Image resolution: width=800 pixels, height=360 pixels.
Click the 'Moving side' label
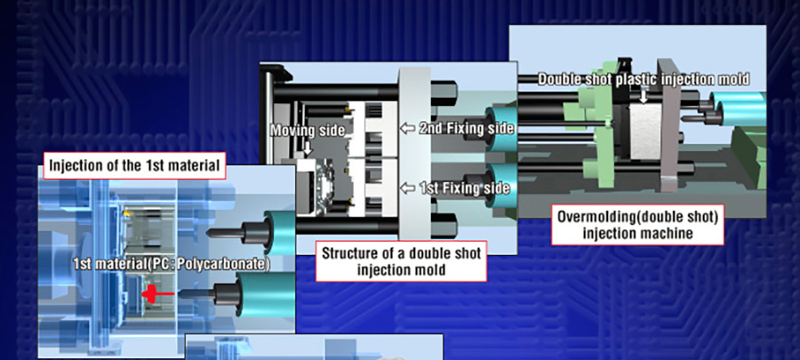[307, 130]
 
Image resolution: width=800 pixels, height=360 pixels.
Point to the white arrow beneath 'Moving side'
[307, 150]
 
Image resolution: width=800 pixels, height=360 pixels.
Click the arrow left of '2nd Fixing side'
[407, 129]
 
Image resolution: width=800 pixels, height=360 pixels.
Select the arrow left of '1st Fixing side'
[407, 188]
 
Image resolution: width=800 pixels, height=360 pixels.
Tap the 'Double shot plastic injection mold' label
[644, 78]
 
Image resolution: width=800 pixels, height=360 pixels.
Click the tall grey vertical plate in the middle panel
[413, 160]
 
